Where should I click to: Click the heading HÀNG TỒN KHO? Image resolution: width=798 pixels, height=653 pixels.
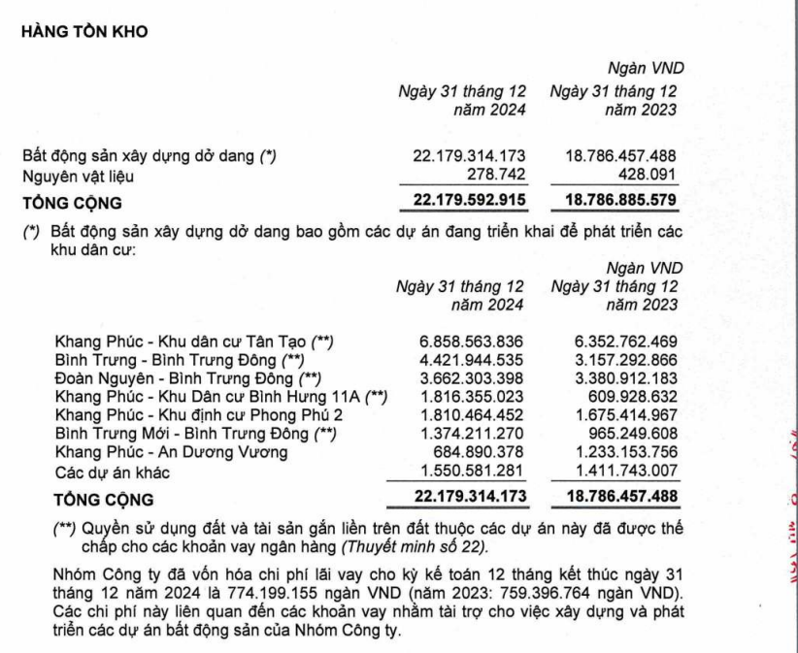point(83,32)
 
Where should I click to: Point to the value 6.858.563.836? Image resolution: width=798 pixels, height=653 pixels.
point(468,341)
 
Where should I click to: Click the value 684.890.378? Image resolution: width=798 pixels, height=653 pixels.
point(478,451)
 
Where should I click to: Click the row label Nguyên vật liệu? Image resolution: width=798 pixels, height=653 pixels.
point(79,177)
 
